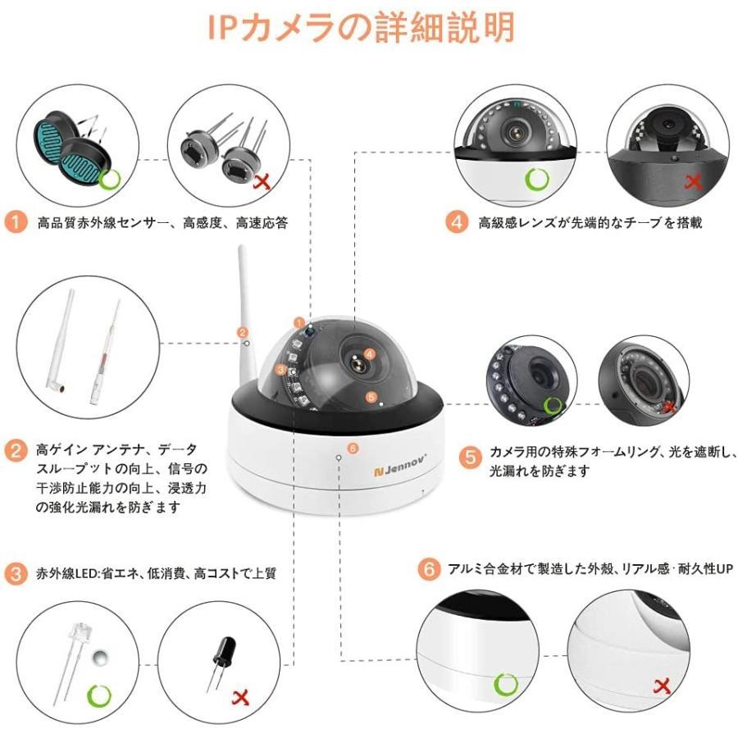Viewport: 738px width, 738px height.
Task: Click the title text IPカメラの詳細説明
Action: (x=361, y=27)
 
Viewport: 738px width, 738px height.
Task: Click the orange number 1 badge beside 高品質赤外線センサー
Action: (x=16, y=222)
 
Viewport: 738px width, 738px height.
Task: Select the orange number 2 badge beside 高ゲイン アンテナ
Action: (x=16, y=449)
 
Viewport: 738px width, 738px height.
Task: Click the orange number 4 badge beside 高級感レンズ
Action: (x=457, y=222)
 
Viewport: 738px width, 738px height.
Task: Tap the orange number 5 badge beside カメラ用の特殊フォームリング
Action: (x=469, y=457)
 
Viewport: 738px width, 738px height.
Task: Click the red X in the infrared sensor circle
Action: (x=264, y=182)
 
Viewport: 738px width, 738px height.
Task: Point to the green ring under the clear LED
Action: (x=99, y=696)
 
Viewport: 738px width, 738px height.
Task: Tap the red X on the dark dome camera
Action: (x=693, y=182)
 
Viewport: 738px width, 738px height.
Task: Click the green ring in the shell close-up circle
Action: (x=506, y=683)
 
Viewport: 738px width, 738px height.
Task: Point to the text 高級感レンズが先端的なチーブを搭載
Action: (x=590, y=222)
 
